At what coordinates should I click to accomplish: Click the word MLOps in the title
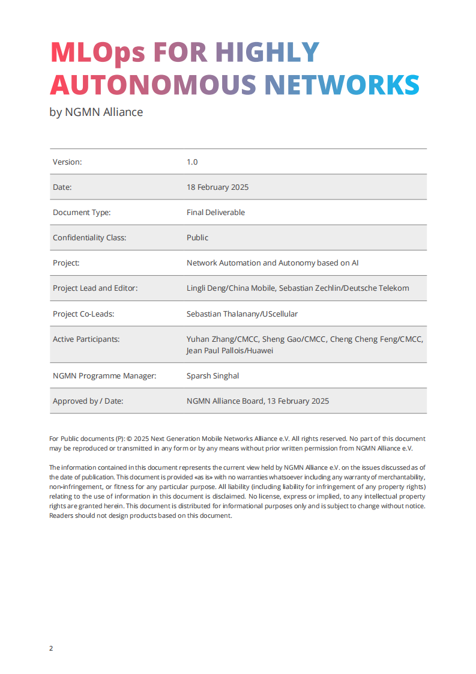[98, 53]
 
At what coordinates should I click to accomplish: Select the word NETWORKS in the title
[342, 85]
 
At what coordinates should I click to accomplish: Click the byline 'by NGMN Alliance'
[96, 112]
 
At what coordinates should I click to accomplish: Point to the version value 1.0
[192, 162]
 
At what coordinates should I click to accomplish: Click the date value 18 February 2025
[217, 187]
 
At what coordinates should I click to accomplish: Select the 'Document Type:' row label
[82, 212]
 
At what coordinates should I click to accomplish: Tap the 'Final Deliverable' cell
[215, 212]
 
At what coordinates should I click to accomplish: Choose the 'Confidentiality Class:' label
[89, 237]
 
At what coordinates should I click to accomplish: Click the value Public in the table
[197, 237]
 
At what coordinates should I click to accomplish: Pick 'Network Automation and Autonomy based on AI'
[273, 263]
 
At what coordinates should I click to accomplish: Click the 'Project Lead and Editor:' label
[95, 288]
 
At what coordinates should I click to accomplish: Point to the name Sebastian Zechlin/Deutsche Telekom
[345, 288]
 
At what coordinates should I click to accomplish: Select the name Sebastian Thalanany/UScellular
[242, 314]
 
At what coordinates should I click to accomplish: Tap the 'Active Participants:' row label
[86, 339]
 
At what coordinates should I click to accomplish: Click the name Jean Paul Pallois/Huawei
[230, 350]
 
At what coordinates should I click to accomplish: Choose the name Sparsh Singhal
[212, 375]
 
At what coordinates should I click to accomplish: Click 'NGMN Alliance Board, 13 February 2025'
[258, 401]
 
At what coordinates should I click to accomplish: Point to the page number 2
[51, 648]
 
